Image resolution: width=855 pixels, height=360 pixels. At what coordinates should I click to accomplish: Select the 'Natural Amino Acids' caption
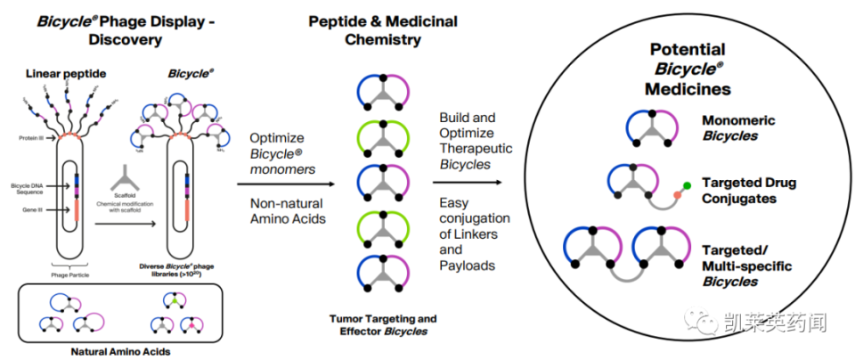tap(120, 351)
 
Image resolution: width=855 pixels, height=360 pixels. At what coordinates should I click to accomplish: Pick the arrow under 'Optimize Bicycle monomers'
tap(285, 182)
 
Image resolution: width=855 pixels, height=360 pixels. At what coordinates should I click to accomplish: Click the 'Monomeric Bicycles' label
tap(738, 128)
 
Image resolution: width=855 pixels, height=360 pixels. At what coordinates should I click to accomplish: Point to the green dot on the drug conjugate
tap(688, 185)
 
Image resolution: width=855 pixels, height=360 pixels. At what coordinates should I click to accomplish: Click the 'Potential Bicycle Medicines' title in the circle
tap(688, 69)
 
